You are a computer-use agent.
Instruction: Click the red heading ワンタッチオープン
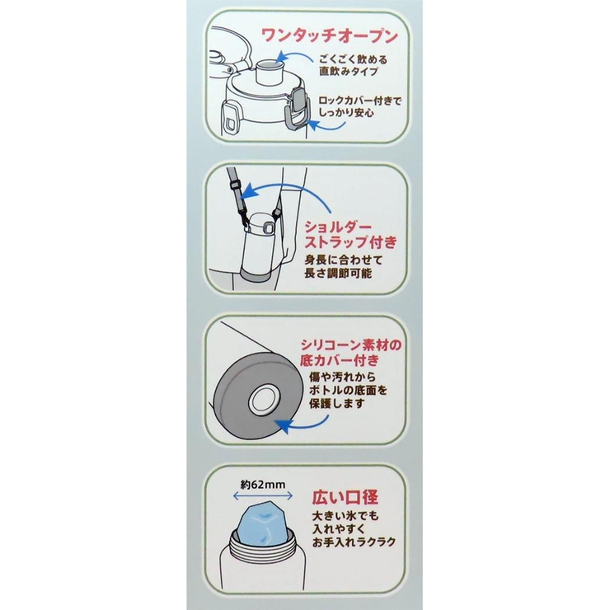330,37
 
